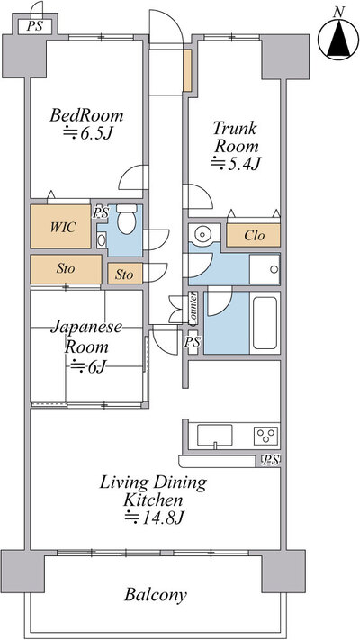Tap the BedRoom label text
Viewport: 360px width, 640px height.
click(86, 115)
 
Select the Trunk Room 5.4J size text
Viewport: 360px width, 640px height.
click(236, 163)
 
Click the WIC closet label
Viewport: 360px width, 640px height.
click(62, 227)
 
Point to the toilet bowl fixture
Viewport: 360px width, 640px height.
click(127, 219)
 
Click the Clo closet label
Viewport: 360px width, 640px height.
click(255, 236)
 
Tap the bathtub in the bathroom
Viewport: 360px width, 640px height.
click(265, 323)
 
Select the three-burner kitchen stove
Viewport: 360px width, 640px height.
click(266, 436)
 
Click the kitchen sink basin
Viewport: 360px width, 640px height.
click(215, 435)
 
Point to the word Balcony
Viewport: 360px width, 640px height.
click(156, 595)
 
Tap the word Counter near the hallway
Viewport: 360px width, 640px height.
click(193, 306)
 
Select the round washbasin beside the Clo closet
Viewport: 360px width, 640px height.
click(202, 234)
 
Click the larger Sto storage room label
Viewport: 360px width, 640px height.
click(66, 269)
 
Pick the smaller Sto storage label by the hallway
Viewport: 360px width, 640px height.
click(124, 275)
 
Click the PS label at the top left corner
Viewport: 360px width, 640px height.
click(34, 26)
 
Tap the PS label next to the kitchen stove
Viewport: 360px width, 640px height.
click(271, 460)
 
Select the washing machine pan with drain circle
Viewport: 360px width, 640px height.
click(265, 268)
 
